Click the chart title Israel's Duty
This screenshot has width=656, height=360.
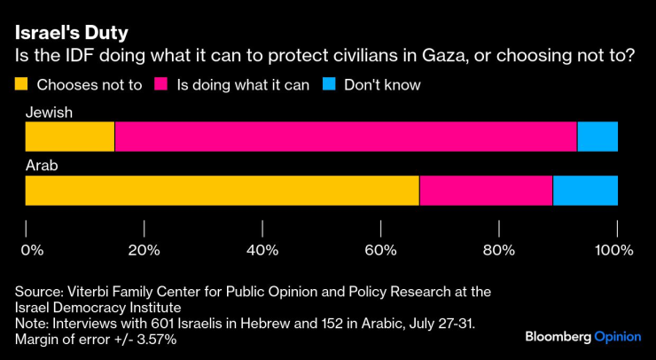coord(71,33)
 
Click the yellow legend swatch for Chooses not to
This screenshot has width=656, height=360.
coord(22,85)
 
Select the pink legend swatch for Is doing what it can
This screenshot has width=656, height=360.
coord(161,85)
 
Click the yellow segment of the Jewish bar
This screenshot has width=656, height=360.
coord(70,137)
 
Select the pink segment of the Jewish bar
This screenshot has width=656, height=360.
coord(346,137)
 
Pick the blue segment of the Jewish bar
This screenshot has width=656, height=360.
coord(597,137)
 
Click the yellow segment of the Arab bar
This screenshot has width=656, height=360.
coord(222,191)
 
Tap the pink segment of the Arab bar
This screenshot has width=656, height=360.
coord(486,191)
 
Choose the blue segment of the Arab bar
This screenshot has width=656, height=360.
coord(585,191)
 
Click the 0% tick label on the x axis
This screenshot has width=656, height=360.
coord(32,250)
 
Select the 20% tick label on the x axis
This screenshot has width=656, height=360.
coord(144,250)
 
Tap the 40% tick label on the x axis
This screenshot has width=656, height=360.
coord(262,250)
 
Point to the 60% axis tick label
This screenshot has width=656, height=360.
coord(380,250)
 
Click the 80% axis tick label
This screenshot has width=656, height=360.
coord(499,250)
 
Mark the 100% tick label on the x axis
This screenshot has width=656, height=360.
coord(613,250)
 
